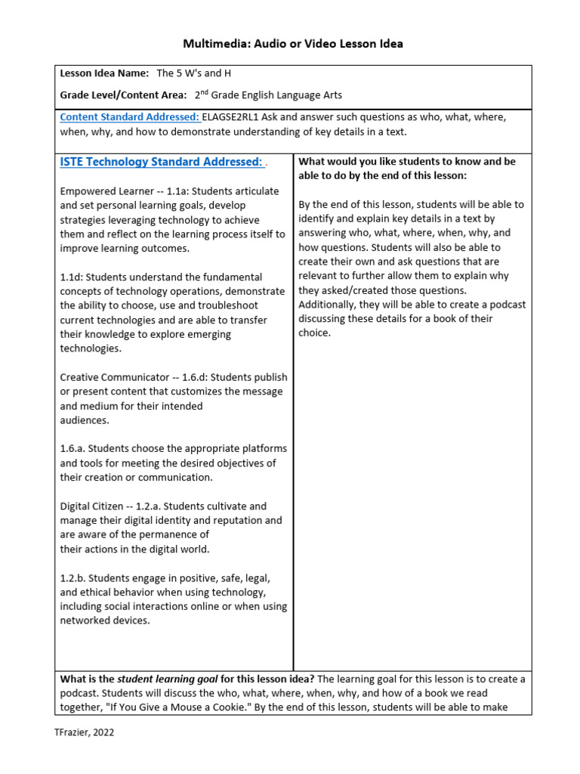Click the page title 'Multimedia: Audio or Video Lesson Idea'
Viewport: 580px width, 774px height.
[293, 44]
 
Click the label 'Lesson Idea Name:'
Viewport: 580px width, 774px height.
[104, 74]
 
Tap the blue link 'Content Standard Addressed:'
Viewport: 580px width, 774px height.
[129, 117]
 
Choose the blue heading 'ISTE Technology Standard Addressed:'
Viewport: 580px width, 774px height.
[161, 162]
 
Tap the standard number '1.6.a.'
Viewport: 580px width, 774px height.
[75, 449]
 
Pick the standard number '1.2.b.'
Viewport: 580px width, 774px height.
[75, 578]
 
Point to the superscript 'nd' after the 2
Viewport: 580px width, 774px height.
[204, 92]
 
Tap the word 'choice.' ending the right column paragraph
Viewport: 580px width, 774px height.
[315, 333]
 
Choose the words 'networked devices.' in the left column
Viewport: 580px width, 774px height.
[105, 621]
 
